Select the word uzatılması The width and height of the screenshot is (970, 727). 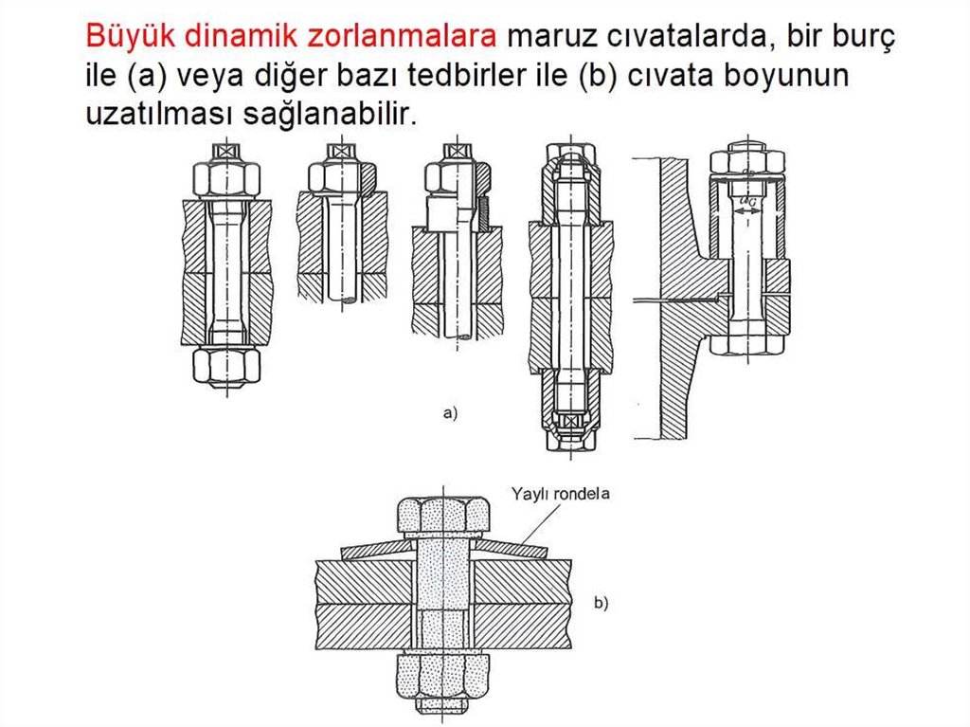click(x=158, y=114)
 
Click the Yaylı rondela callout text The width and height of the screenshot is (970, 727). click(x=561, y=494)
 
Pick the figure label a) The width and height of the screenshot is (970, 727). click(x=450, y=412)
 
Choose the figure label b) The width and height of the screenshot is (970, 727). click(x=601, y=603)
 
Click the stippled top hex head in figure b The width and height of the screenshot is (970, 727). click(x=444, y=516)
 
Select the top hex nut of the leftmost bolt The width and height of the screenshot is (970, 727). click(x=226, y=179)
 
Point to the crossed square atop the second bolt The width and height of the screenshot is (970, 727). click(x=341, y=152)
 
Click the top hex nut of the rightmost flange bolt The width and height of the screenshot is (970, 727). click(x=748, y=160)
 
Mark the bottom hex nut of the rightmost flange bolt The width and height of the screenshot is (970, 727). click(x=748, y=345)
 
